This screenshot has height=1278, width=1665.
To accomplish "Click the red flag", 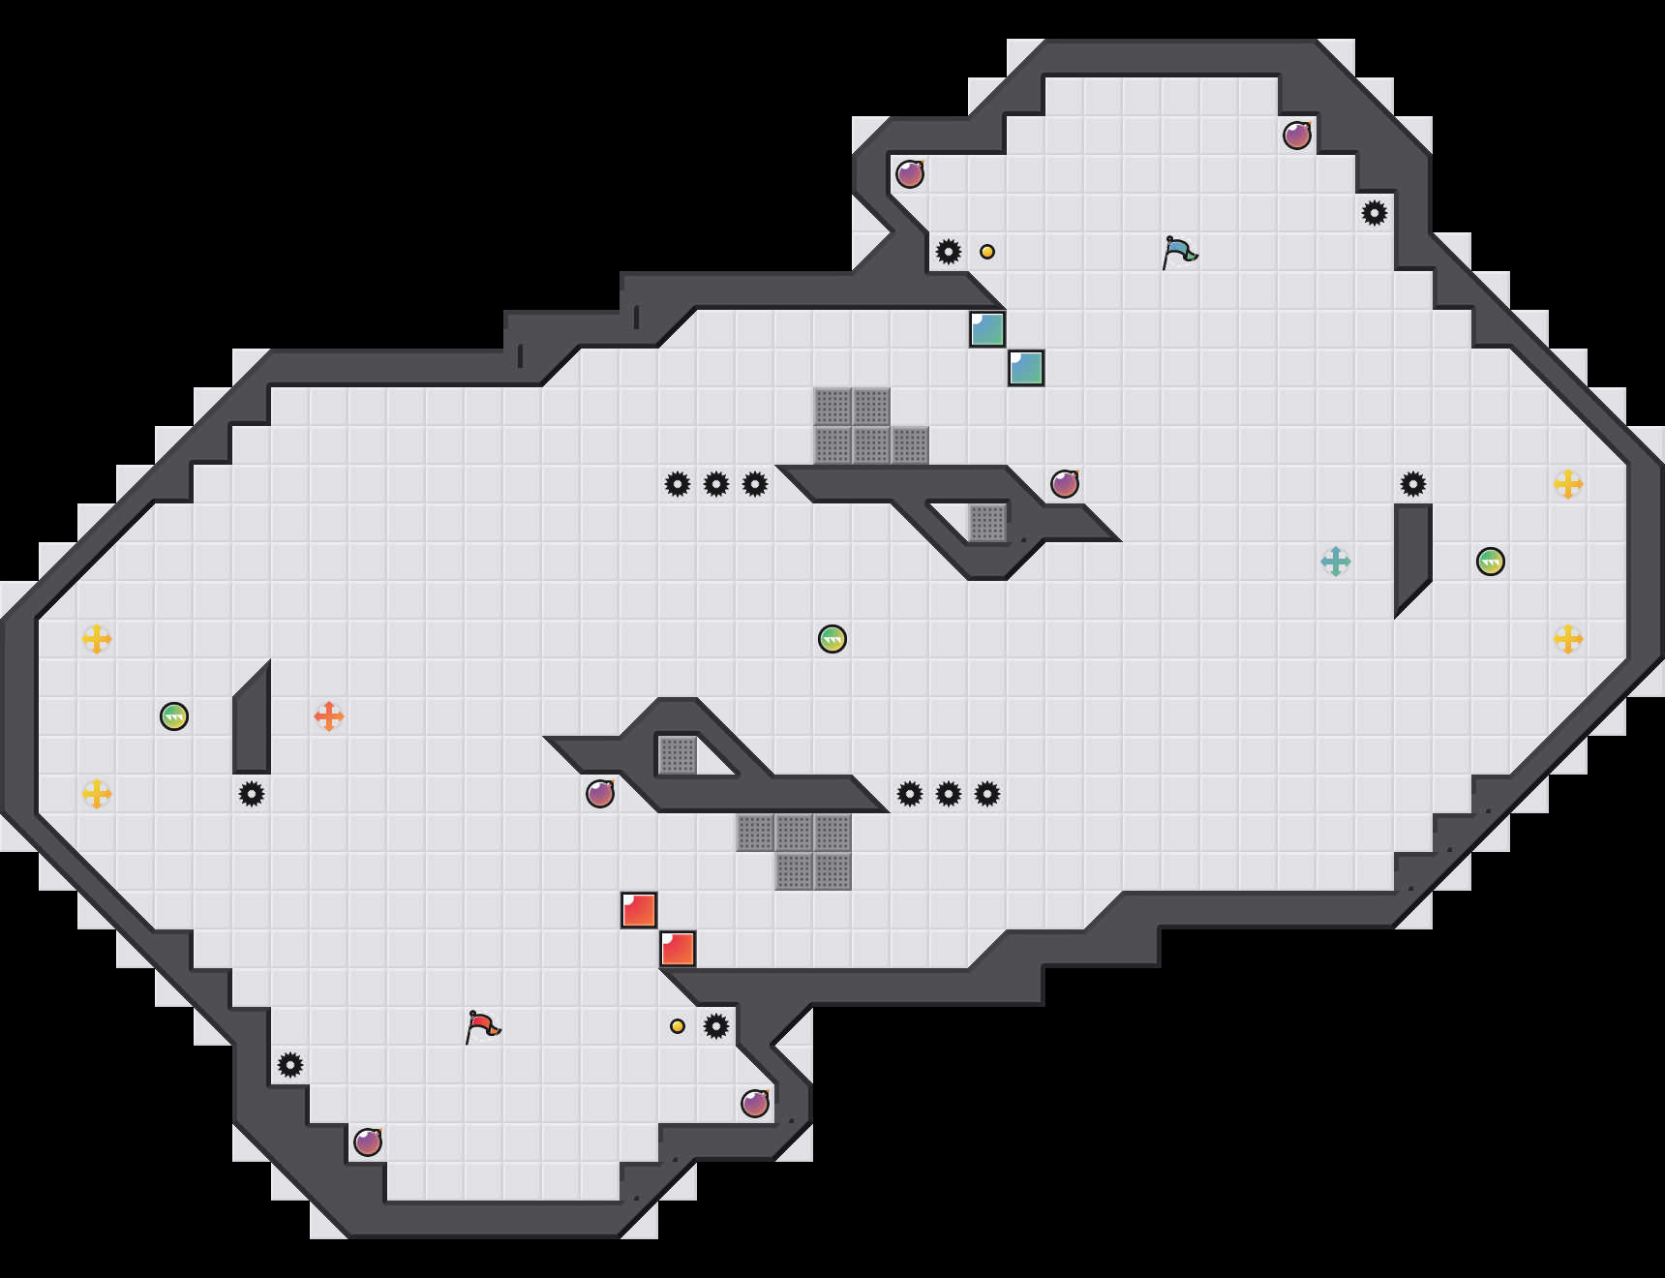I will pyautogui.click(x=481, y=1026).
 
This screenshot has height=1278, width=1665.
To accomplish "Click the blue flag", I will pyautogui.click(x=1178, y=252).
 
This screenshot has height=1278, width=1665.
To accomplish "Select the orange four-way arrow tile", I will pyautogui.click(x=329, y=716).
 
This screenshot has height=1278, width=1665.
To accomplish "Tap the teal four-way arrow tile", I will pyautogui.click(x=1336, y=562).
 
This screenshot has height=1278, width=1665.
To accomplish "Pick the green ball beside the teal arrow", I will pyautogui.click(x=1491, y=562).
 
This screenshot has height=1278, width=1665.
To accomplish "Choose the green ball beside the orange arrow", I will pyautogui.click(x=174, y=716).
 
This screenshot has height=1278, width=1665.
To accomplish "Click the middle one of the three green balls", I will pyautogui.click(x=832, y=639).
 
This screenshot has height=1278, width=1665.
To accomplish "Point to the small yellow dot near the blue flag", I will pyautogui.click(x=987, y=252).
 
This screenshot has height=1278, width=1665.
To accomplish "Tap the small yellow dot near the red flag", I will pyautogui.click(x=678, y=1026).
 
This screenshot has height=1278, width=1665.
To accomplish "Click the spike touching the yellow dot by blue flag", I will pyautogui.click(x=949, y=252).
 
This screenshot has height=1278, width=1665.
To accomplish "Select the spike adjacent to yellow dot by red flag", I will pyautogui.click(x=716, y=1026).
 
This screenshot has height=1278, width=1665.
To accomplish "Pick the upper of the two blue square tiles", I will pyautogui.click(x=987, y=329).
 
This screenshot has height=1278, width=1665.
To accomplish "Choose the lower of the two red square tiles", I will pyautogui.click(x=678, y=949).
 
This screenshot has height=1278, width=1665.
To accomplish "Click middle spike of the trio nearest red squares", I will pyautogui.click(x=949, y=794).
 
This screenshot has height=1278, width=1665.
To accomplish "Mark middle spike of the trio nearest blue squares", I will pyautogui.click(x=716, y=484).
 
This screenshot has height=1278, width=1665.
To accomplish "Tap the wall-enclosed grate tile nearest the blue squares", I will pyautogui.click(x=987, y=523).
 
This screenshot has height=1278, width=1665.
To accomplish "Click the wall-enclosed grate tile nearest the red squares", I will pyautogui.click(x=678, y=755).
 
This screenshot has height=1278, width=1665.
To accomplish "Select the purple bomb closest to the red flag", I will pyautogui.click(x=368, y=1142).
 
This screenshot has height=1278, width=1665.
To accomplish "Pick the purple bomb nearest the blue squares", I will pyautogui.click(x=1065, y=484).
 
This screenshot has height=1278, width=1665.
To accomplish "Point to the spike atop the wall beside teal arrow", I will pyautogui.click(x=1413, y=484).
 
